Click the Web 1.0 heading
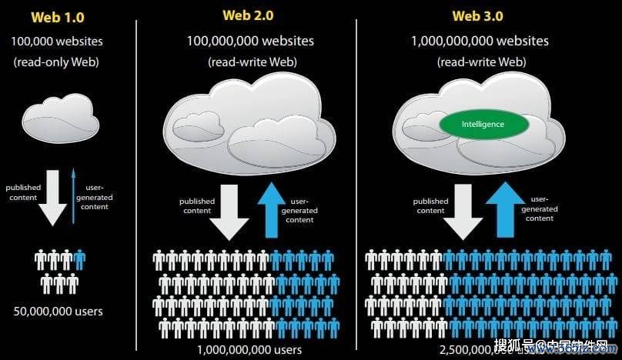pos(57,16)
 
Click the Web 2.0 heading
pos(248,15)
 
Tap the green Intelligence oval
pos(483,125)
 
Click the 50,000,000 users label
pos(58,312)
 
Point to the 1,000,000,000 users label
pos(249,350)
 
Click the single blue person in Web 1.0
pos(79,259)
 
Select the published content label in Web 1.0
pos(23,192)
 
